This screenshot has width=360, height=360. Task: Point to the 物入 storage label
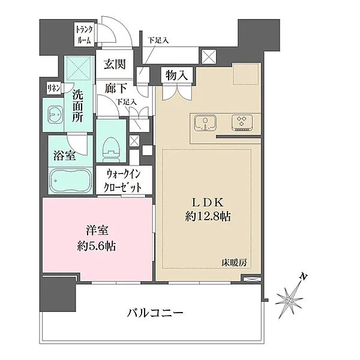178,75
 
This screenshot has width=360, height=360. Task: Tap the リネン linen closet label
53,88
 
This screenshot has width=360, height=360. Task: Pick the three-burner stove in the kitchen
243,123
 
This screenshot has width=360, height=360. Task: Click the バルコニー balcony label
155,313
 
